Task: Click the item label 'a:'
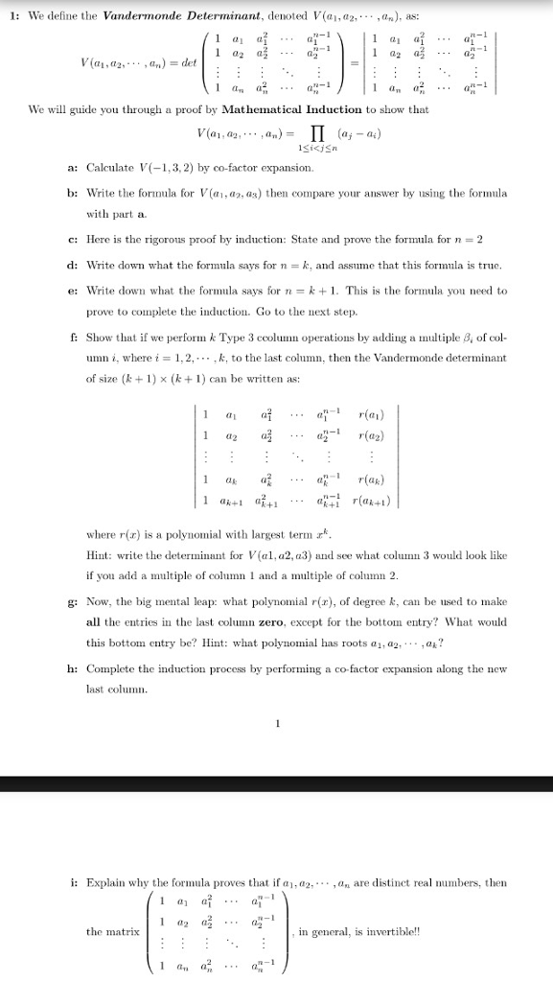pyautogui.click(x=74, y=168)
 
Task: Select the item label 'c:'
pyautogui.click(x=74, y=239)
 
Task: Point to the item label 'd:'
pyautogui.click(x=74, y=264)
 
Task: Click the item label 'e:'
pyautogui.click(x=74, y=290)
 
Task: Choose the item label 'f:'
pyautogui.click(x=73, y=338)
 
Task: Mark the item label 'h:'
pyautogui.click(x=74, y=667)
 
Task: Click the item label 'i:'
pyautogui.click(x=74, y=882)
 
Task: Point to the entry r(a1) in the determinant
pyautogui.click(x=369, y=415)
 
